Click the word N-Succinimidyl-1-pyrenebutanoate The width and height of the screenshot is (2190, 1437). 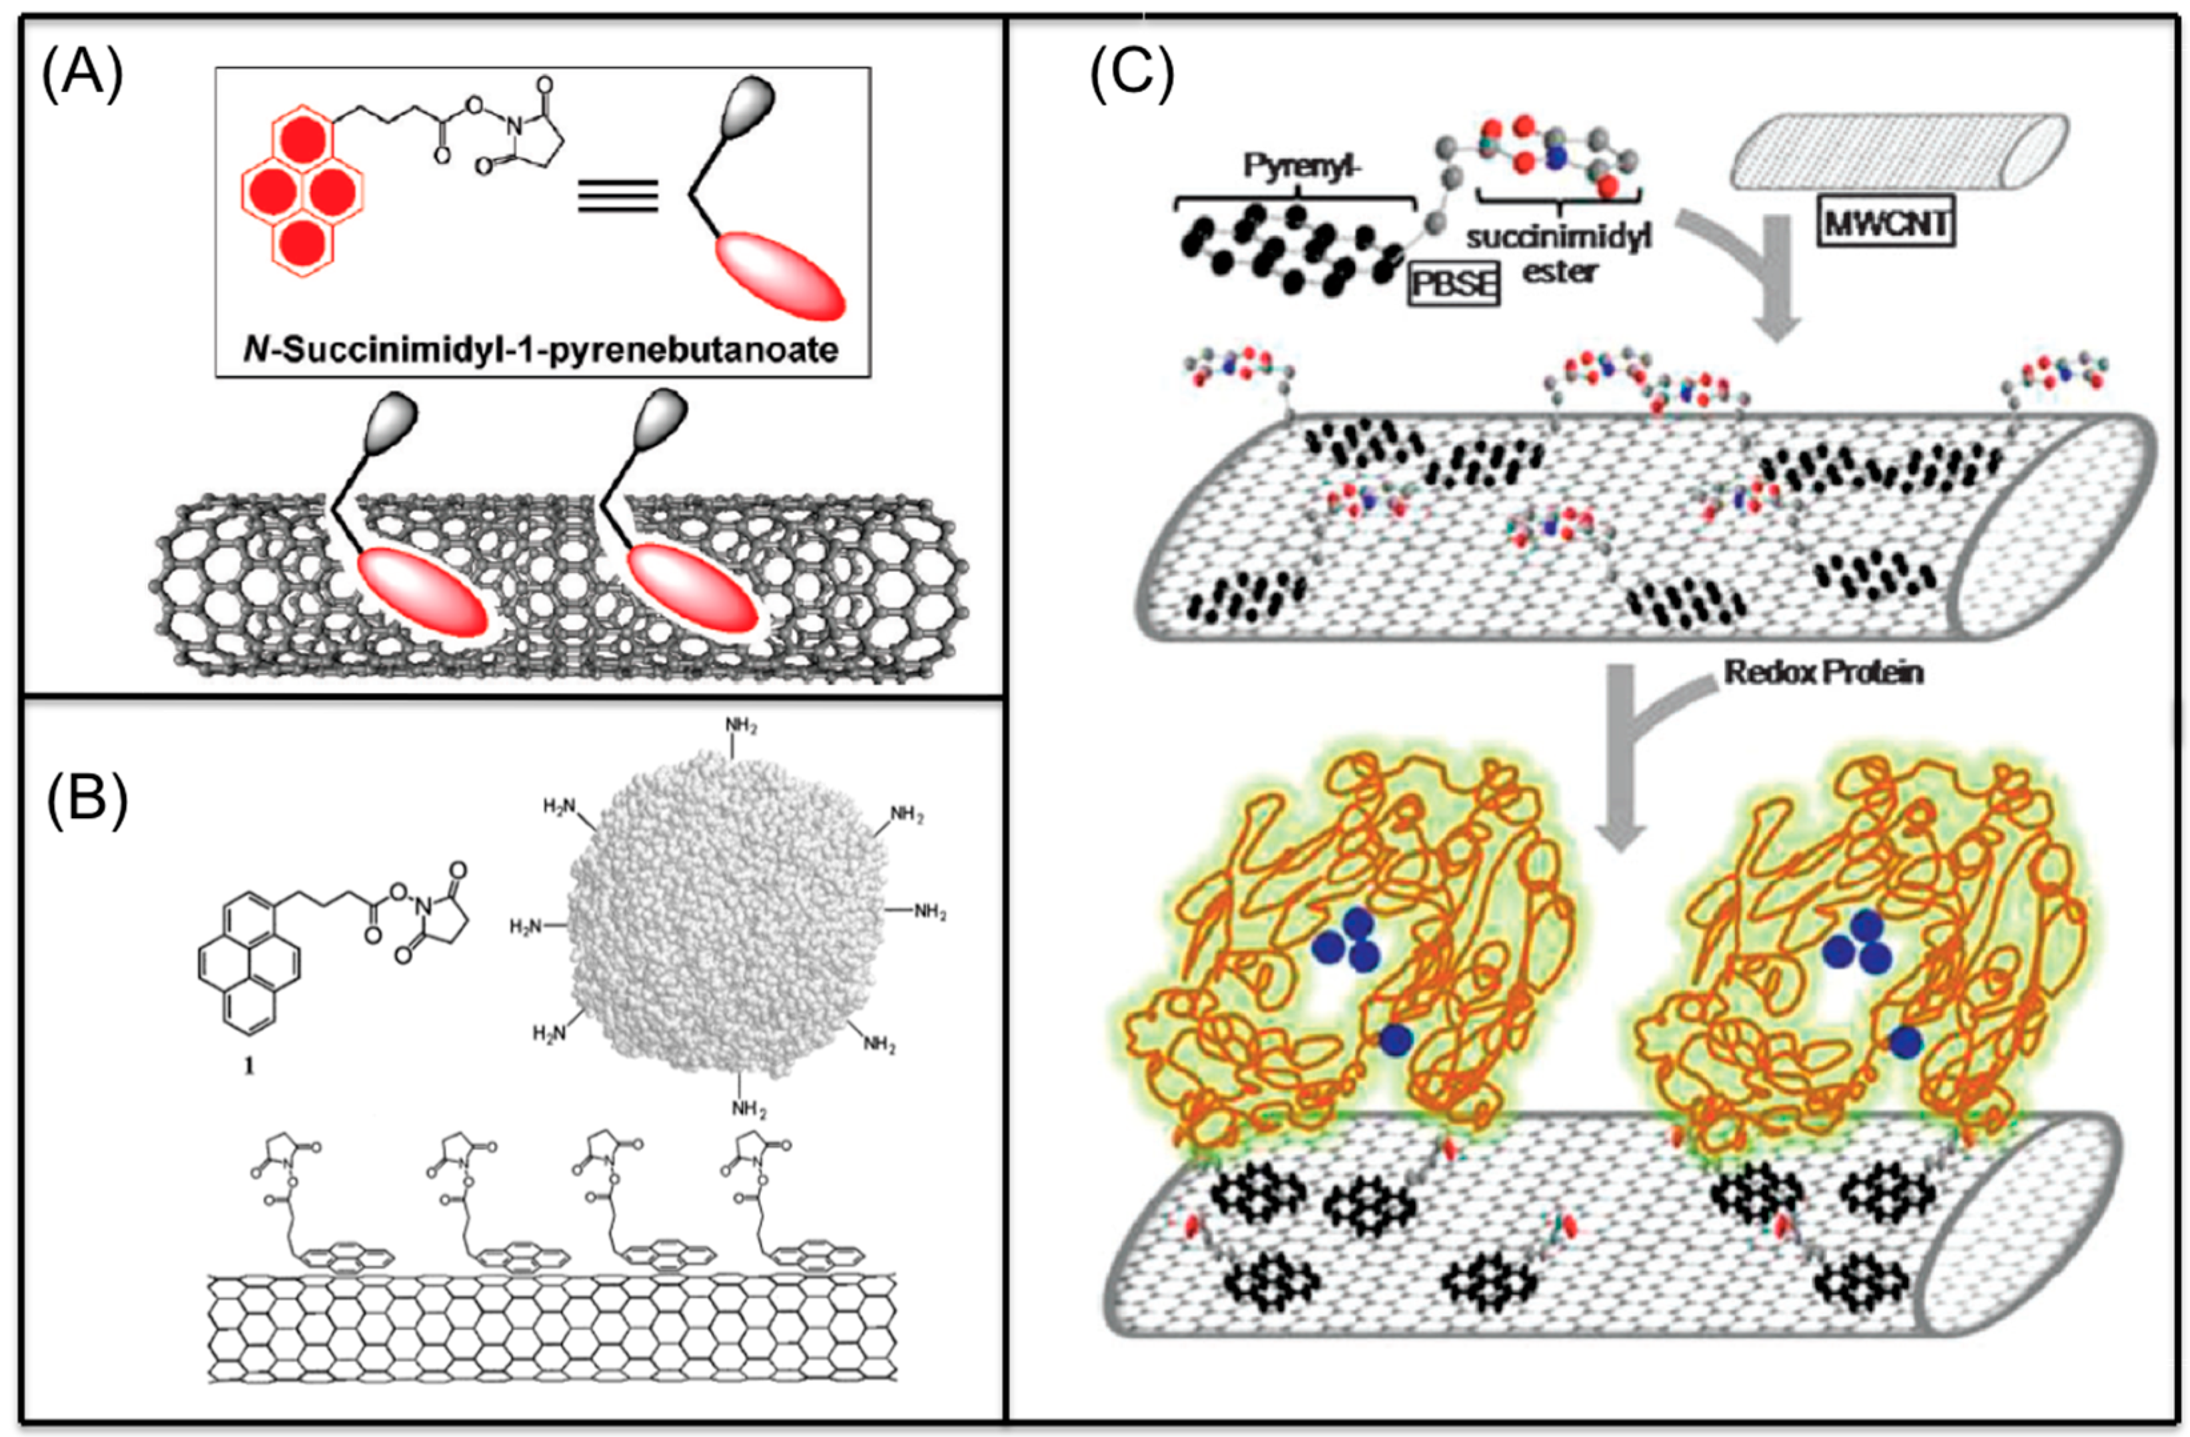click(x=541, y=350)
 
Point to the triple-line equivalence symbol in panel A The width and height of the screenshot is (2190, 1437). click(x=618, y=195)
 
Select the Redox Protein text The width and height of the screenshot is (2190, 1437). click(x=1823, y=672)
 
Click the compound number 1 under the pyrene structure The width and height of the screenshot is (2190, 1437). click(x=249, y=1065)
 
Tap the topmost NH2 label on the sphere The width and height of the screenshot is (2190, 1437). click(x=741, y=726)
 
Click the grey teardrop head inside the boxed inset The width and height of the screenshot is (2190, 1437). click(x=747, y=108)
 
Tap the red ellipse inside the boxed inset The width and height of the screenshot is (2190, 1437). click(x=780, y=276)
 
